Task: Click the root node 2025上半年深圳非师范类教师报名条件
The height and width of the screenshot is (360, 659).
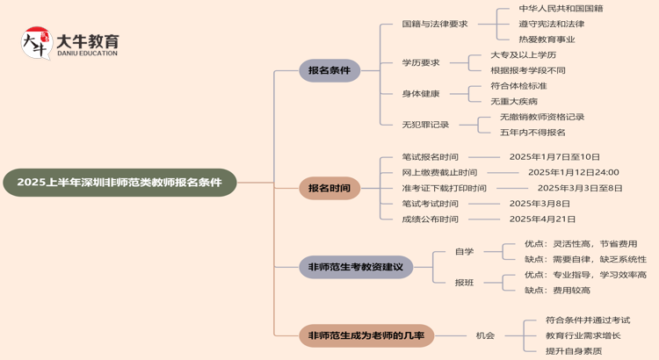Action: click(x=119, y=183)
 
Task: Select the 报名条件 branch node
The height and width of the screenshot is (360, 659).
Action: click(x=329, y=70)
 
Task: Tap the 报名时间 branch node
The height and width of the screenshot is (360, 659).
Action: click(x=329, y=188)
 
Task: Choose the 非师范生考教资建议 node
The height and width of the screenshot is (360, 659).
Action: click(x=355, y=267)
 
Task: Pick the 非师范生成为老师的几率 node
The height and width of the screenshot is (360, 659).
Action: click(x=366, y=335)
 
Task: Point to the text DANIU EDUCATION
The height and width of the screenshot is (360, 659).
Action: click(x=87, y=54)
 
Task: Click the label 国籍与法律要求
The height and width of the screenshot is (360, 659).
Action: click(x=435, y=24)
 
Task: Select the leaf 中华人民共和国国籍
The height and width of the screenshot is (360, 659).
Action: click(x=561, y=9)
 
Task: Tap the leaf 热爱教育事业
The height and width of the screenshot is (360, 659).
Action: click(x=547, y=40)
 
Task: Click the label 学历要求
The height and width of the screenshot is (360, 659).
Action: click(x=421, y=62)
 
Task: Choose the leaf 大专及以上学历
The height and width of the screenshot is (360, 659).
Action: click(x=523, y=55)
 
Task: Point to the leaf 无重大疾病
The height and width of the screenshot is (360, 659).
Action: click(x=514, y=101)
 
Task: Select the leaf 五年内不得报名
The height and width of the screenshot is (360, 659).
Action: click(x=532, y=132)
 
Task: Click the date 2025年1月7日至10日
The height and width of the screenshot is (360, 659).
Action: click(x=554, y=157)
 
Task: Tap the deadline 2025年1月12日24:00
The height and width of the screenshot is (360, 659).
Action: click(x=573, y=172)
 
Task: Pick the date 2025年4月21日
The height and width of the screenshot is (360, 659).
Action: click(x=542, y=219)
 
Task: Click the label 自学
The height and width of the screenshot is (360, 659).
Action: click(x=464, y=252)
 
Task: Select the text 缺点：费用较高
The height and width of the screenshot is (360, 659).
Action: click(x=557, y=290)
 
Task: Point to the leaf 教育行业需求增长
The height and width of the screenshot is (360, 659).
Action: click(x=583, y=335)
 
